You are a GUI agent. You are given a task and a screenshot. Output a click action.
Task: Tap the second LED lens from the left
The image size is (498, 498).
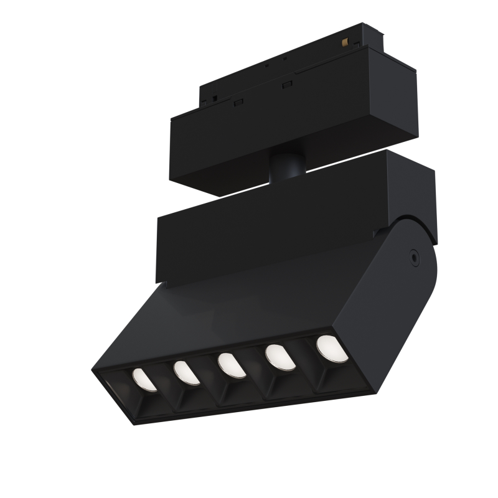tap(186, 372)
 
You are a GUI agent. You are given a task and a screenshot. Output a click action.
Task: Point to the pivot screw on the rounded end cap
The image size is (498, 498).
tap(413, 256)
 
